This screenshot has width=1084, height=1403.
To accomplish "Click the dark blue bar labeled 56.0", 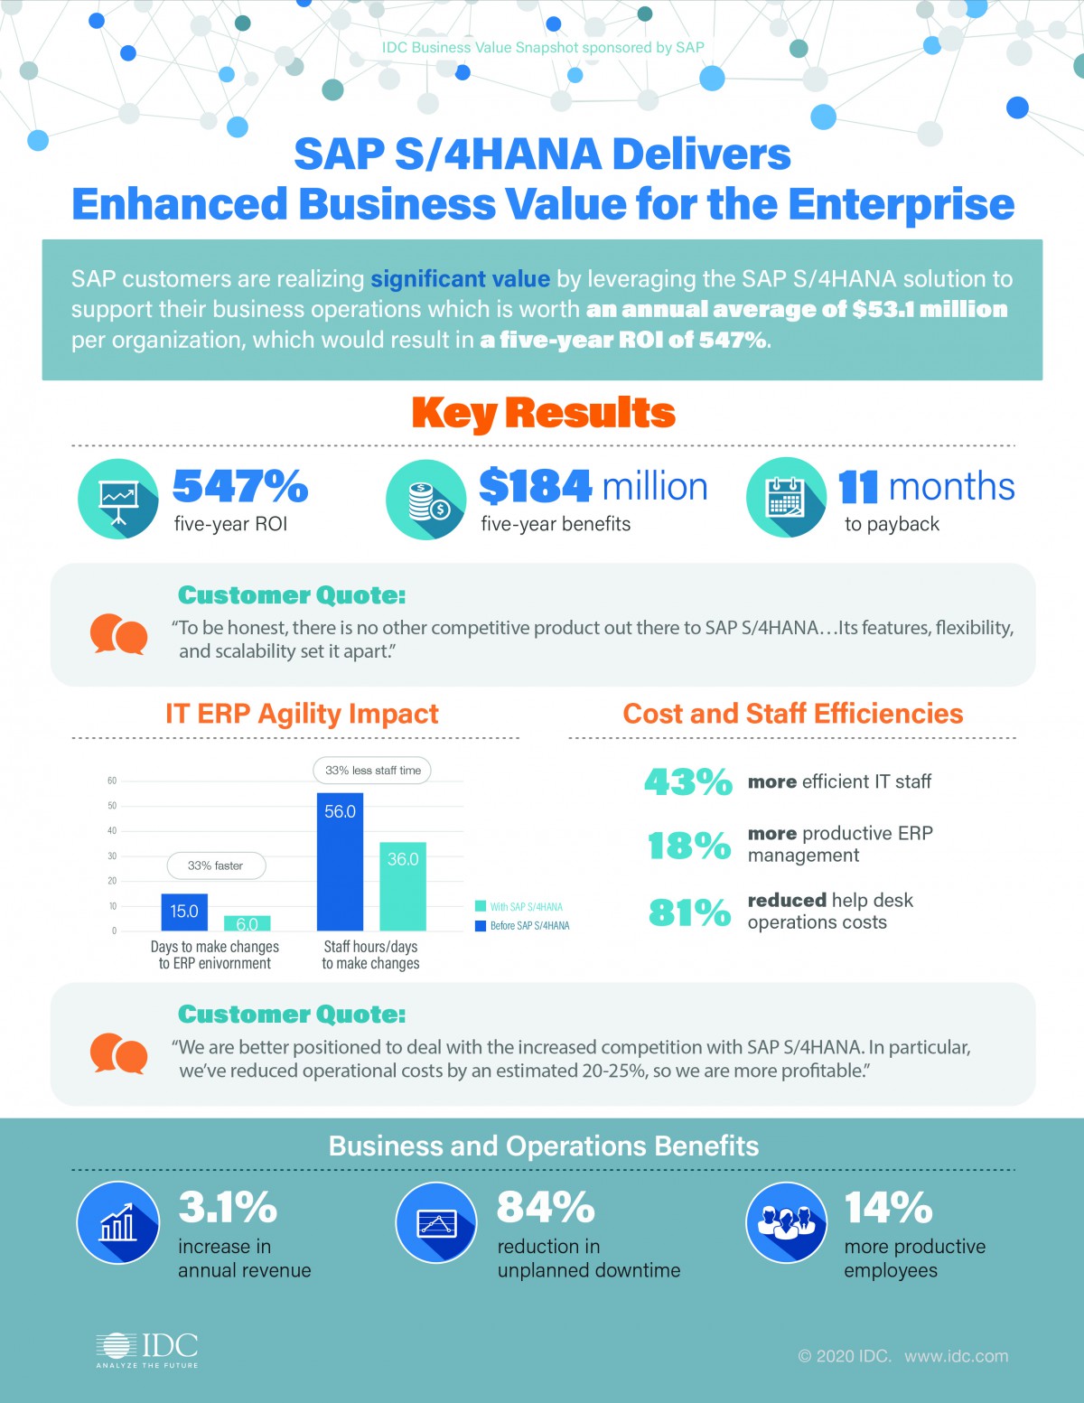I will (x=340, y=861).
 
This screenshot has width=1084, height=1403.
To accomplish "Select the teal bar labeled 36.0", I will (x=402, y=885).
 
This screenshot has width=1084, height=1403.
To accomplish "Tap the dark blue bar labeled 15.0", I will (x=184, y=912).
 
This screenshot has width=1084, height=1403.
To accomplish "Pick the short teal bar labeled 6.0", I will (x=247, y=923).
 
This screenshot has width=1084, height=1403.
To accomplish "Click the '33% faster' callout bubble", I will (x=216, y=865).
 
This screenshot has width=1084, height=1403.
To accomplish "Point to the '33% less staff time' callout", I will (x=372, y=771).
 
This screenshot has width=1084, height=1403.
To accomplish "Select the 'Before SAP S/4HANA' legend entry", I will (x=523, y=926).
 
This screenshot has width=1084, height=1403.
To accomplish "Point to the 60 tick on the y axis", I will (x=112, y=781).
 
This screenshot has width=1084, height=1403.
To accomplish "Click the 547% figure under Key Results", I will (x=240, y=486).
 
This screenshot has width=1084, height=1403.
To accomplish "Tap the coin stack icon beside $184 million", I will (x=426, y=500).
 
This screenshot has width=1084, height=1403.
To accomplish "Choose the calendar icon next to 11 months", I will (x=786, y=498).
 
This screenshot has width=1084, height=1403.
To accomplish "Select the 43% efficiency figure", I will (x=687, y=781).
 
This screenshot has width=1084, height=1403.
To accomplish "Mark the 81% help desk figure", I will (x=689, y=912).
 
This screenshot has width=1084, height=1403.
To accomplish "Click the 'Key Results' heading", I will (x=543, y=413).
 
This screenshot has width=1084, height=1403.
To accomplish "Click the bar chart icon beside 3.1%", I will (x=118, y=1222).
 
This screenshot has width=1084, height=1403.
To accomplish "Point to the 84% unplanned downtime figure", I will (x=546, y=1207).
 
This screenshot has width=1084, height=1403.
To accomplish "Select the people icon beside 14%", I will (x=786, y=1222).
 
